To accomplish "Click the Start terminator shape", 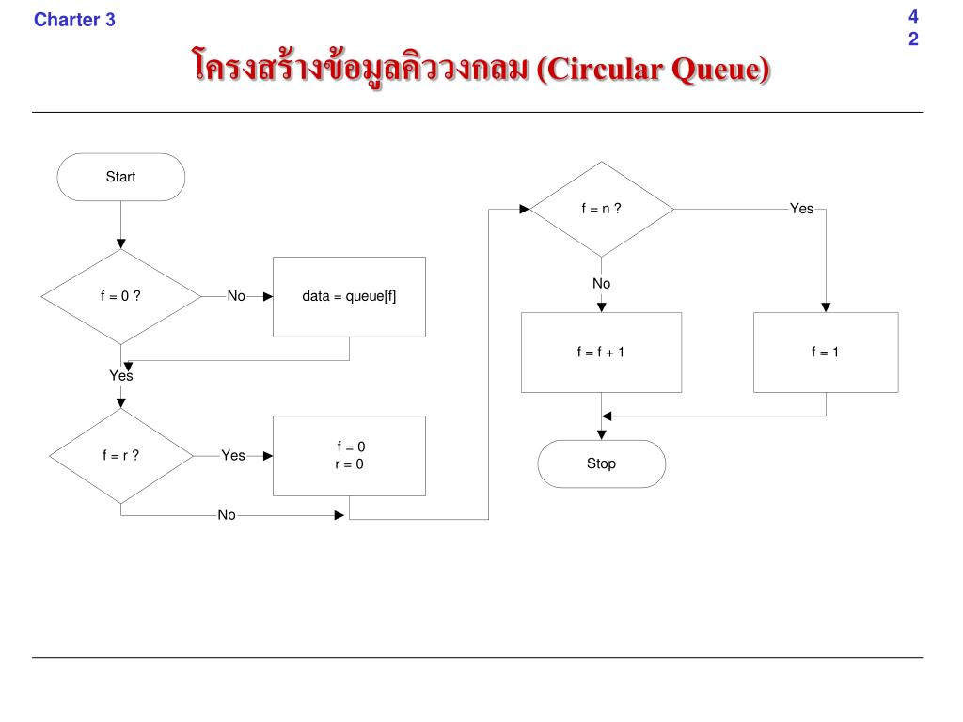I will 120,177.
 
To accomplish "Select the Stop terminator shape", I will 601,463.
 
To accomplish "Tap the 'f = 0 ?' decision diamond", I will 120,296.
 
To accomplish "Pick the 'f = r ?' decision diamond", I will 120,456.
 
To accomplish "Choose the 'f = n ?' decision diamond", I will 601,209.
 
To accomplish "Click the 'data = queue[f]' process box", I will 349,296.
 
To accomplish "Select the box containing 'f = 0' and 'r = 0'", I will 349,456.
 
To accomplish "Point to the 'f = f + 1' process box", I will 601,352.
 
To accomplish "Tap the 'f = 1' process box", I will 825,352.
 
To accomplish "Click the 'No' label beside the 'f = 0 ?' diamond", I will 235,296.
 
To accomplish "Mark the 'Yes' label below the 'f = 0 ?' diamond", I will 120,376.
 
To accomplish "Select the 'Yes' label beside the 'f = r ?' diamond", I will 233,456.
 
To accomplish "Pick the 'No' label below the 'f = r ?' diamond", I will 227,515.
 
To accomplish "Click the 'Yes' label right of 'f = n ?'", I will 801,209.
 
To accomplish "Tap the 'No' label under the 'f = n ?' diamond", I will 601,284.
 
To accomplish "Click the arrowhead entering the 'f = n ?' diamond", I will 524,209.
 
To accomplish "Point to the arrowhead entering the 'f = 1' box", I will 826,307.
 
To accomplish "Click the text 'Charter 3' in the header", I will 74,19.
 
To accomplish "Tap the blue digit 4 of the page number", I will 913,16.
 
